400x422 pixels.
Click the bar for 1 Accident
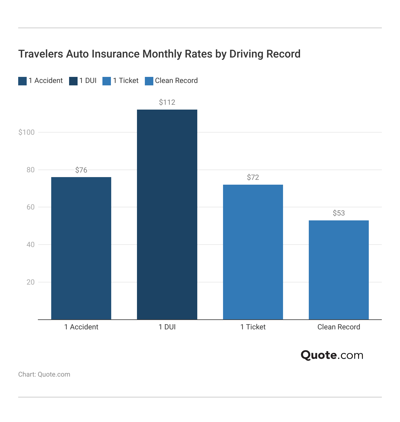(81, 248)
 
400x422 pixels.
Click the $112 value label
(167, 102)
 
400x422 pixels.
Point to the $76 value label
(81, 170)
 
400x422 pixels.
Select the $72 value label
(253, 177)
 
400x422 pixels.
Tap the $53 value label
(339, 213)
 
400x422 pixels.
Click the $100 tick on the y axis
(27, 132)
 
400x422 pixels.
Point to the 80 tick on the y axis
(31, 170)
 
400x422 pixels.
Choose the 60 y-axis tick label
(31, 207)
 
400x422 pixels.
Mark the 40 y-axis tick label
(31, 245)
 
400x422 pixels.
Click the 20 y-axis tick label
(31, 282)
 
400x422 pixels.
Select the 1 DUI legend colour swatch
(73, 81)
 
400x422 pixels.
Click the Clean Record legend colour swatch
(149, 81)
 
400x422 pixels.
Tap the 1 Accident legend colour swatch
(22, 81)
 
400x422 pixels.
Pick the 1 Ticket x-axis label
(253, 327)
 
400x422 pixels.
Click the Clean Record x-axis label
(339, 327)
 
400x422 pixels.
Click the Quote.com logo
(332, 355)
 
